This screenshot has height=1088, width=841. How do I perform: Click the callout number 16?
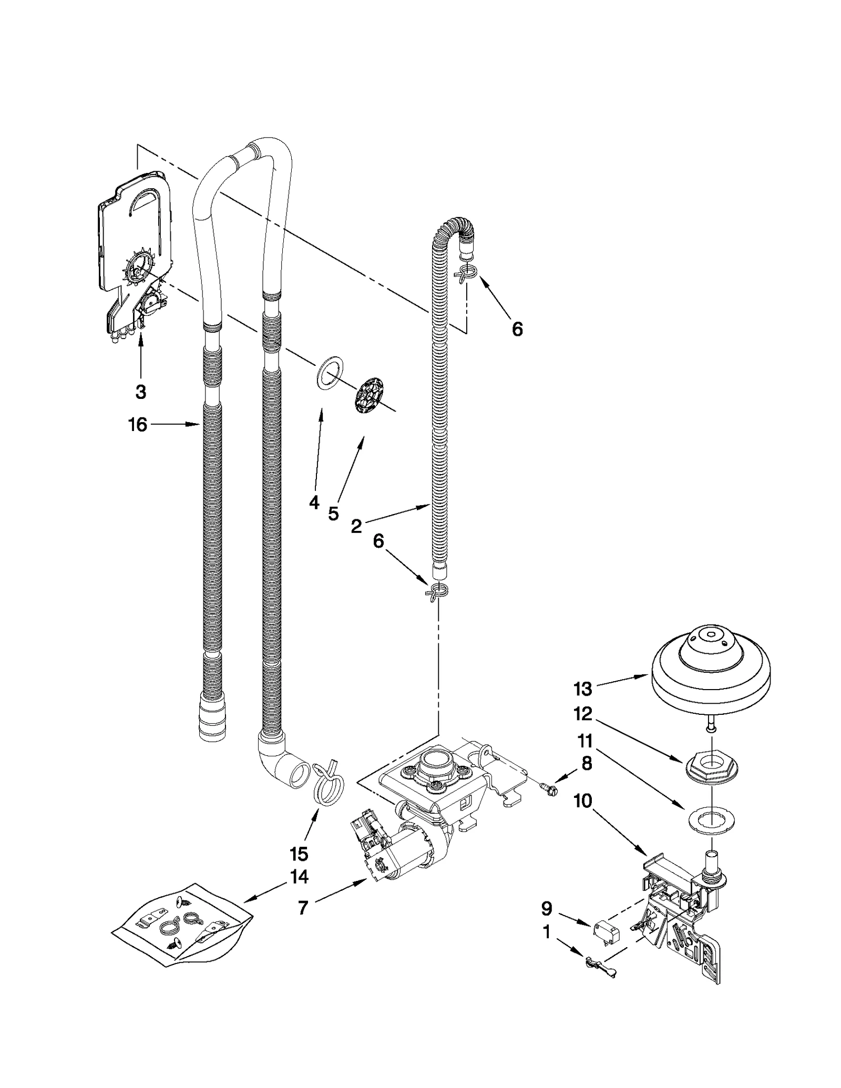(x=138, y=425)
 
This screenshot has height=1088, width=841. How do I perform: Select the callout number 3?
(x=140, y=392)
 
